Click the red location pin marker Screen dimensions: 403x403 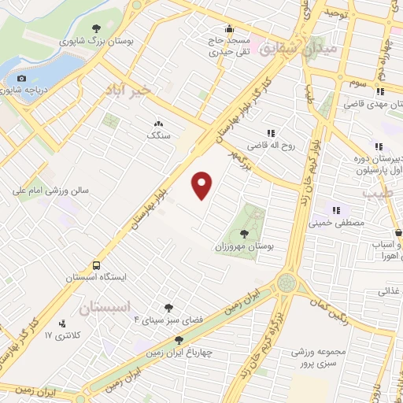[202, 185]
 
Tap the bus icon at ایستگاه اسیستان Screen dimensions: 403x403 [96, 264]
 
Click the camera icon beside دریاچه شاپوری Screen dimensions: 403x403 [21, 78]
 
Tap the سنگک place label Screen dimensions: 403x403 [158, 135]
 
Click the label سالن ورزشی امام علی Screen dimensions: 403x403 [50, 190]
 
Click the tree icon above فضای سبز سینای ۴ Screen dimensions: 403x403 [168, 308]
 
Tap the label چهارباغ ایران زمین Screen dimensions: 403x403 [179, 353]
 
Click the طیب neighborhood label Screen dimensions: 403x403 [372, 192]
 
